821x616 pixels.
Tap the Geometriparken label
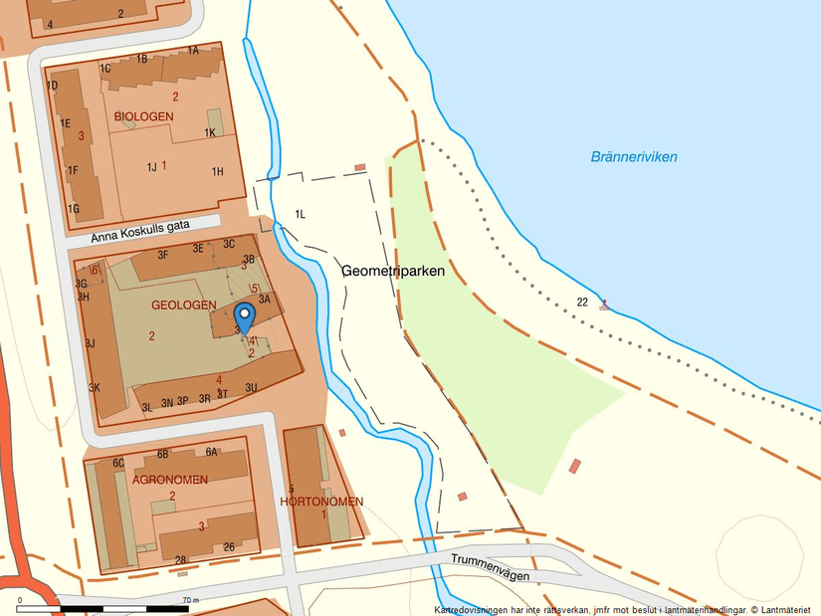[x=392, y=271]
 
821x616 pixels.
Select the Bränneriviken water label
[x=634, y=157]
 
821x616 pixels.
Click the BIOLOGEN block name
[x=144, y=116]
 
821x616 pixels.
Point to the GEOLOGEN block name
[x=183, y=305]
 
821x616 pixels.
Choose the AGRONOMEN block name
[x=170, y=480]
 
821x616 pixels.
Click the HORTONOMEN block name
[x=321, y=502]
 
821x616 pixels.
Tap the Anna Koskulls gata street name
[x=139, y=232]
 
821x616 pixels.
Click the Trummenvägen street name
[x=488, y=567]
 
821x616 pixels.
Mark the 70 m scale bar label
[x=191, y=600]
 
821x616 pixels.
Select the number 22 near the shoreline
[x=582, y=302]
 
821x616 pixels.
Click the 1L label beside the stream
[x=300, y=214]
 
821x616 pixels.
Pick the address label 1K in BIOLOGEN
[x=210, y=132]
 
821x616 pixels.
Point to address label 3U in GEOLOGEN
[x=252, y=387]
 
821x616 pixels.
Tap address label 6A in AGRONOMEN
[x=211, y=452]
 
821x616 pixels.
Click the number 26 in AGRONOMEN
[x=229, y=546]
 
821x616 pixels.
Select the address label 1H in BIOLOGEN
[x=217, y=171]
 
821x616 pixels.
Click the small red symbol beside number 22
[x=603, y=306]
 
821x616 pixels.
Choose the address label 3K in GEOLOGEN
[x=95, y=387]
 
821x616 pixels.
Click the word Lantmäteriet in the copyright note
[x=786, y=609]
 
